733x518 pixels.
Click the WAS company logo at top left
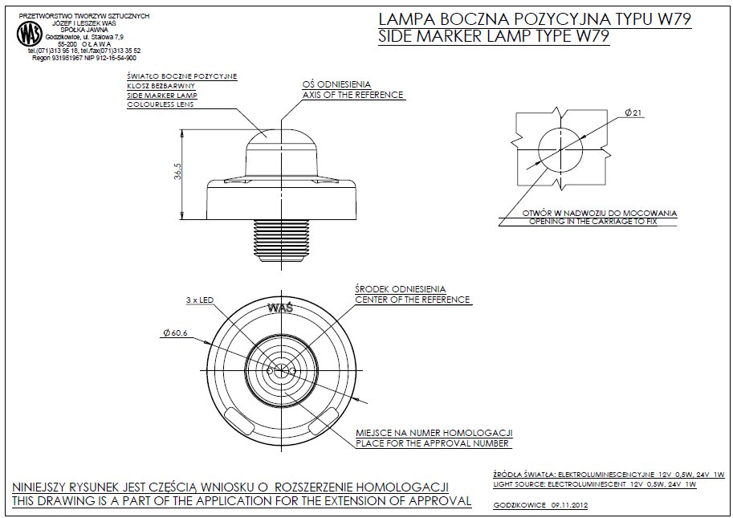pos(29,35)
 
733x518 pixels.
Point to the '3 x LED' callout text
pos(198,300)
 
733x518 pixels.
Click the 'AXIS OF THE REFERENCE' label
pos(352,96)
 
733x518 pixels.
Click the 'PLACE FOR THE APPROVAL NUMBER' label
pos(433,443)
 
